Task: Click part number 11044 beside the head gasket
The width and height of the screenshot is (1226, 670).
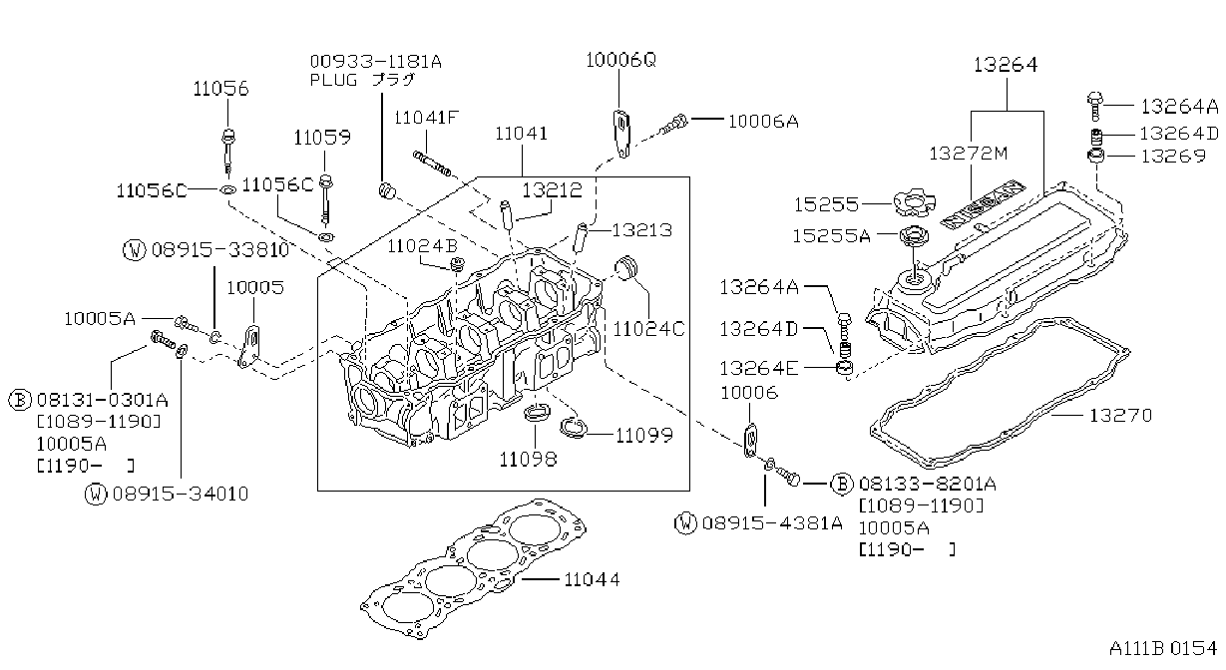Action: [x=592, y=579]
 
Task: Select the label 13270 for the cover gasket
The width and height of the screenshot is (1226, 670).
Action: [x=1120, y=416]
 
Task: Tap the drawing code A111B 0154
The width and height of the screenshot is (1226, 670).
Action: [x=1163, y=649]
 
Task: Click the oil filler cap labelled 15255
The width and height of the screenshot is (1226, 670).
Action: [x=914, y=203]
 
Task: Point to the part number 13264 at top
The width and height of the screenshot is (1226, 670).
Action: [x=1006, y=65]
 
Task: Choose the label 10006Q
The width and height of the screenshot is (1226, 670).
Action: [x=620, y=60]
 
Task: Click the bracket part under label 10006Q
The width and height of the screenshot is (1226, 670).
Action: [x=621, y=133]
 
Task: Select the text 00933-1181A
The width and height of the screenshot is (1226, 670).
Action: [x=375, y=61]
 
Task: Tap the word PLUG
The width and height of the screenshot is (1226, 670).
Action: [x=333, y=81]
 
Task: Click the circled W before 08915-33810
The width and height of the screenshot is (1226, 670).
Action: [x=134, y=250]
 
